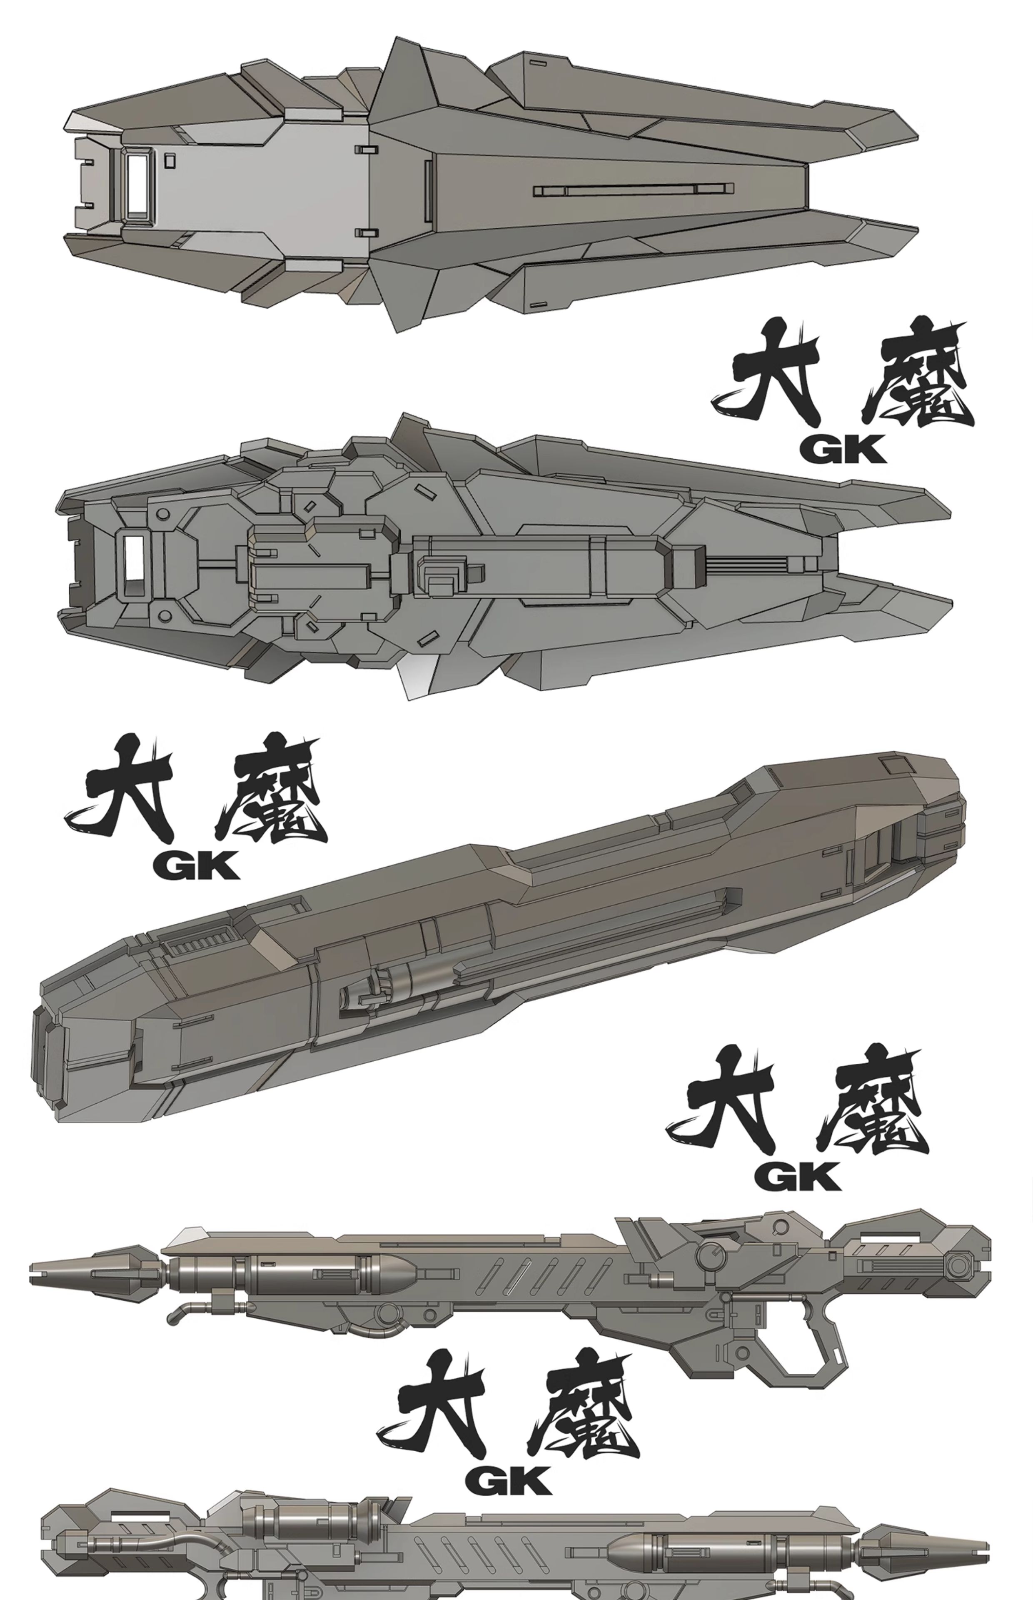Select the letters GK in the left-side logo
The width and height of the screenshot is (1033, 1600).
[x=196, y=865]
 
